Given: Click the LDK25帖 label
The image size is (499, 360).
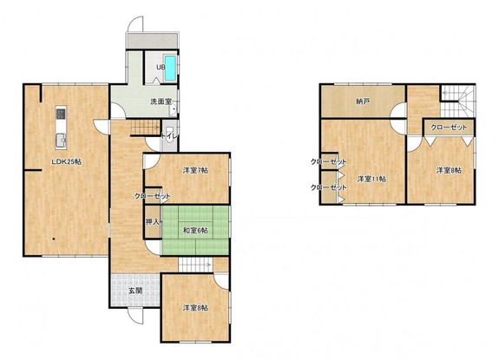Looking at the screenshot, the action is (x=67, y=162).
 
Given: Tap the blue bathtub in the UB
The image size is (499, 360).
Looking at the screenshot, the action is (x=170, y=68).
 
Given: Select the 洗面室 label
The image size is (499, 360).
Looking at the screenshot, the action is (x=161, y=101).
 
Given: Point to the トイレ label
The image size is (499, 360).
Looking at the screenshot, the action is (x=169, y=136).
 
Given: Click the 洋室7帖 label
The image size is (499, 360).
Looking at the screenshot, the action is (x=195, y=171).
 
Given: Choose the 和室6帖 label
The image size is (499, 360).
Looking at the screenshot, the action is (x=195, y=230).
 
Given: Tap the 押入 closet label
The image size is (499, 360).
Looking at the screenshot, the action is (x=153, y=222).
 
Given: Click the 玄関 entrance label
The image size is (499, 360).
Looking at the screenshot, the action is (x=135, y=291).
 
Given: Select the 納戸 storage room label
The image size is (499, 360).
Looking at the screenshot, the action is (x=363, y=101).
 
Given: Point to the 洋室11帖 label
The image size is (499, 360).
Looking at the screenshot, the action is (x=371, y=179).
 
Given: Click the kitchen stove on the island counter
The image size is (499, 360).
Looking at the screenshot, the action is (x=61, y=114).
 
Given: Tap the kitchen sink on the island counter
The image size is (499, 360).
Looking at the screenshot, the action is (x=61, y=140).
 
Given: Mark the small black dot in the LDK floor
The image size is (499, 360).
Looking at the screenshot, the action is (x=54, y=239).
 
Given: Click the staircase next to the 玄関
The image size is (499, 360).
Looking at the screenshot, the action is (x=195, y=265).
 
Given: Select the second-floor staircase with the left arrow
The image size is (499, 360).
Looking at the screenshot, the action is (x=457, y=101).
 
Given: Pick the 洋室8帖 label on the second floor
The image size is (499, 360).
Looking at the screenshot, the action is (x=449, y=171).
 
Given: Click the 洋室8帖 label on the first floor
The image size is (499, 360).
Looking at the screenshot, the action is (x=195, y=308).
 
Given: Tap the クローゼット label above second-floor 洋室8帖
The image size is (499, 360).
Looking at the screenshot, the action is (x=449, y=128).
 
